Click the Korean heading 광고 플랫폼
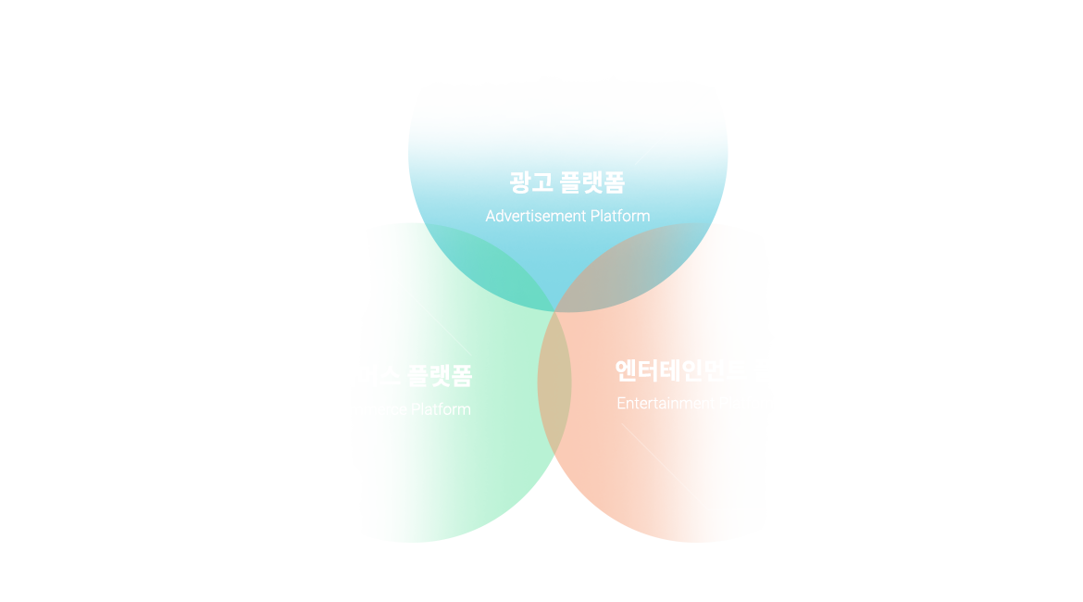566,182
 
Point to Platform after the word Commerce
441,409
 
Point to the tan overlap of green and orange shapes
554,384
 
